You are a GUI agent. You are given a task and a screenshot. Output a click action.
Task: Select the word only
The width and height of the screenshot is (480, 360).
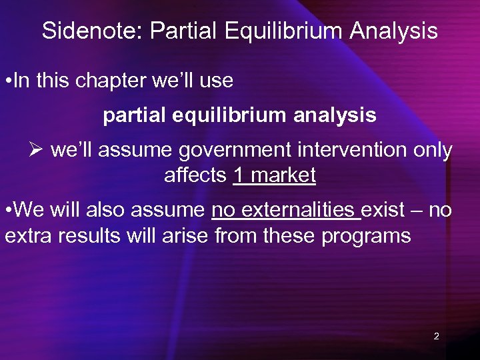(432, 151)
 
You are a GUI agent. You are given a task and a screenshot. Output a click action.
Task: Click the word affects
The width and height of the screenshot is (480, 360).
(195, 176)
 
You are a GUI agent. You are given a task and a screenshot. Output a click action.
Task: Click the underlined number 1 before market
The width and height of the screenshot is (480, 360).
(239, 176)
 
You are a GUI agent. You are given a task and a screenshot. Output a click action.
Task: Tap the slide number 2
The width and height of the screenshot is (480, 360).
(436, 336)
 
